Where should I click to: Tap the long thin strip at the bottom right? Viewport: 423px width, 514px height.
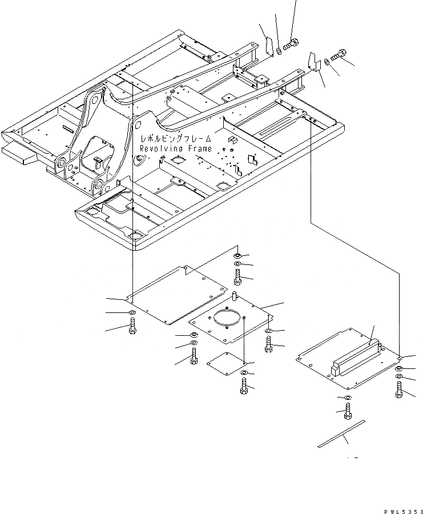click(x=342, y=433)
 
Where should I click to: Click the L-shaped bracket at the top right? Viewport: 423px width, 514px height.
click(x=313, y=62)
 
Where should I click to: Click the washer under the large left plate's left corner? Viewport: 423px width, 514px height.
click(x=132, y=313)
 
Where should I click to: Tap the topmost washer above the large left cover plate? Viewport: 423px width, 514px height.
click(x=237, y=255)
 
